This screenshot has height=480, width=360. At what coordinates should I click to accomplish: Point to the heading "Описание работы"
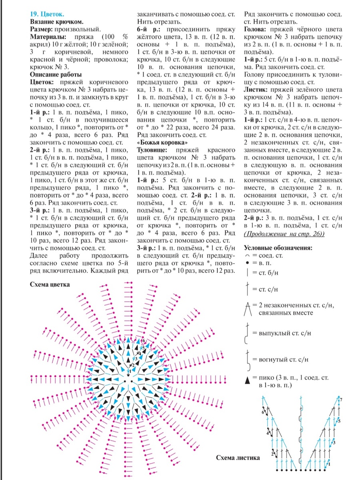(x=56, y=74)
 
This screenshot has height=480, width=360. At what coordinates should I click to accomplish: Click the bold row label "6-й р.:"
(x=148, y=29)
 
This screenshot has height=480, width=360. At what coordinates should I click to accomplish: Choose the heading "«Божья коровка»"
(x=162, y=142)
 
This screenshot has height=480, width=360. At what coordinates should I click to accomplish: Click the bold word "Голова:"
(x=256, y=29)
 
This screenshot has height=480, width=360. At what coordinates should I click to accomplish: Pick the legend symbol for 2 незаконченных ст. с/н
(x=248, y=308)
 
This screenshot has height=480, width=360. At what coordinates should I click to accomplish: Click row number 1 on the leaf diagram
(x=330, y=464)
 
